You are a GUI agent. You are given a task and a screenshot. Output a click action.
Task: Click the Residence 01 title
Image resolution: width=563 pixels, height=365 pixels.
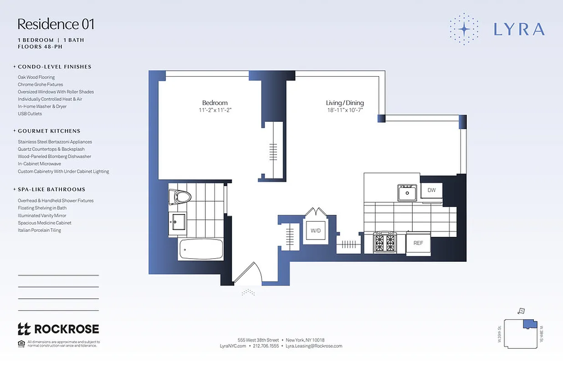(56, 24)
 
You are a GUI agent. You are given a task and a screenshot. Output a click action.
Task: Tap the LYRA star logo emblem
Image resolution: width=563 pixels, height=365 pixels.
(464, 29)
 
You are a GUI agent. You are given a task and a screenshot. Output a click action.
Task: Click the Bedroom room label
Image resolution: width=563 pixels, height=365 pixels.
(215, 103)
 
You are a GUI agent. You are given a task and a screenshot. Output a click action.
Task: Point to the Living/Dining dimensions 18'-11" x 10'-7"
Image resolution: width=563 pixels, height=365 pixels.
(345, 110)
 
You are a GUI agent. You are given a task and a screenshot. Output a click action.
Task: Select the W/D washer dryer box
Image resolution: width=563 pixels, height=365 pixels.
(316, 230)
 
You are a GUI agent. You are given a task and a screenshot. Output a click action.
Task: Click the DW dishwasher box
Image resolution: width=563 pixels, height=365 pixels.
(431, 190)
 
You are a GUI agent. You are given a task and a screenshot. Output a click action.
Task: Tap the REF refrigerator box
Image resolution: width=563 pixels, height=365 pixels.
(418, 243)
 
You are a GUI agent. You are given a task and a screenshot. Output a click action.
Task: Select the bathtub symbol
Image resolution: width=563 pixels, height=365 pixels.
(201, 249)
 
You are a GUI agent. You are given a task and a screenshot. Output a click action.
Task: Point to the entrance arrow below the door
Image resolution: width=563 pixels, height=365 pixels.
(248, 292)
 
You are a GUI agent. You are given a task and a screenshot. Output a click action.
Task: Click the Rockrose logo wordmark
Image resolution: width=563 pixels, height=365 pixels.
(58, 329)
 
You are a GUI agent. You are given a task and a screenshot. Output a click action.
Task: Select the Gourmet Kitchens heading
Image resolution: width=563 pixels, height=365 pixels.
(49, 131)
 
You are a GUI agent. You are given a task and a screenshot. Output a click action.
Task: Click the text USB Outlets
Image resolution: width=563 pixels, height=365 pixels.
(30, 114)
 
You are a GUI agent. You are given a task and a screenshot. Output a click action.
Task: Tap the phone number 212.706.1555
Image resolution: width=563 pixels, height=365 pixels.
(266, 346)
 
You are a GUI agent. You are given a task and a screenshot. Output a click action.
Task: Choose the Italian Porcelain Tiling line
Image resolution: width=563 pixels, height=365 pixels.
(39, 230)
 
